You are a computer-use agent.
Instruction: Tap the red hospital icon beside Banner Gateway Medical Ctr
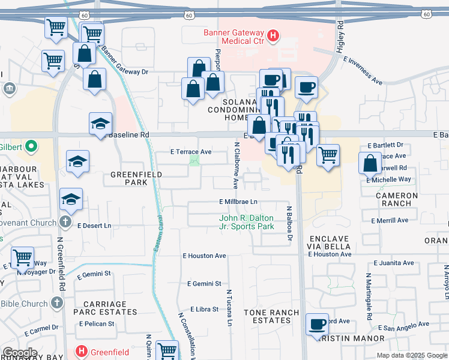point(274,36)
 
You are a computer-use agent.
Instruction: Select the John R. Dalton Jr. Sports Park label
point(247,222)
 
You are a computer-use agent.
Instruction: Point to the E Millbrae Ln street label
point(238,202)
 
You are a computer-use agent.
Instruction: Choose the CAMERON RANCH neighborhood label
point(397,199)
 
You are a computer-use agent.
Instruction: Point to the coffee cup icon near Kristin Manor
point(317,325)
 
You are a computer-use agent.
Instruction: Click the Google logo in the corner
point(20,353)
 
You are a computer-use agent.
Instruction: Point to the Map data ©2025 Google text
point(411,355)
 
